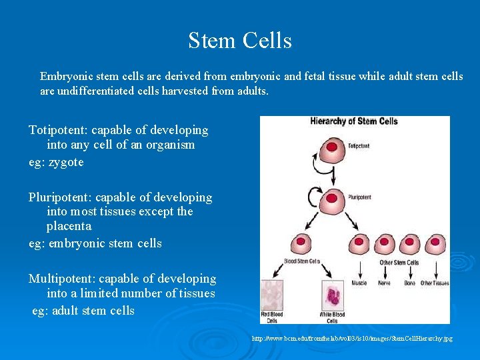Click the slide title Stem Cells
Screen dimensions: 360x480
click(240, 41)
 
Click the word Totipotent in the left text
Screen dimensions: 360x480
click(58, 130)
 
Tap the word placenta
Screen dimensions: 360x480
click(70, 226)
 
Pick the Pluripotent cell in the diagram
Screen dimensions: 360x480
click(330, 197)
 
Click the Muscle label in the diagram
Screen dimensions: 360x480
click(359, 283)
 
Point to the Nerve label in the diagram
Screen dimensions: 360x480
click(385, 283)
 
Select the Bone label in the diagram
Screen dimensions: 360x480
click(410, 283)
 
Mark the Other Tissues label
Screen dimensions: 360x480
click(435, 283)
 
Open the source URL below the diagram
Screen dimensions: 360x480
click(352, 339)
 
